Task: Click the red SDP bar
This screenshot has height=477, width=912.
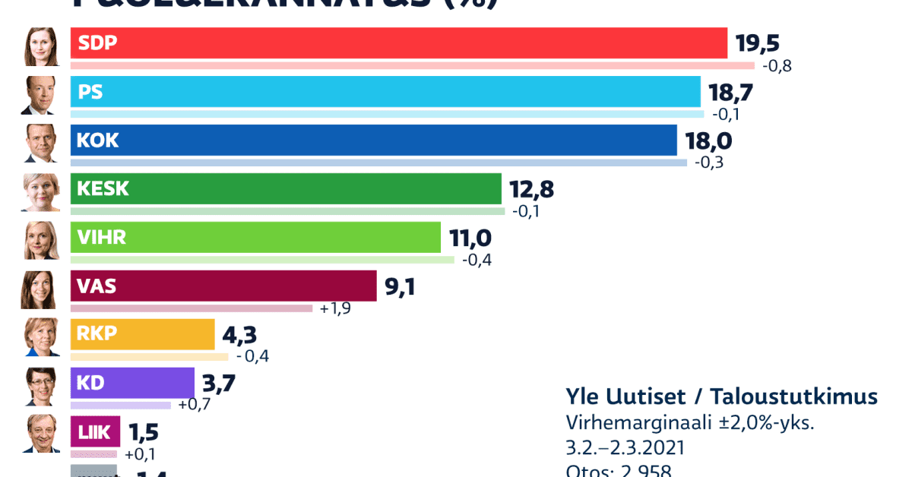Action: tap(398, 43)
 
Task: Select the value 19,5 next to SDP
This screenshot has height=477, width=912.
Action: tap(758, 43)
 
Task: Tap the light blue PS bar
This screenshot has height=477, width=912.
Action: tap(385, 92)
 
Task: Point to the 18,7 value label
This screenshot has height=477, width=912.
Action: tap(731, 93)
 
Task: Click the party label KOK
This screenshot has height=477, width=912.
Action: tap(98, 141)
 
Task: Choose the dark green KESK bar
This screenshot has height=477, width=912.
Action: tap(286, 189)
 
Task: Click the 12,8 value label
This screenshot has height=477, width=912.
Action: tap(534, 190)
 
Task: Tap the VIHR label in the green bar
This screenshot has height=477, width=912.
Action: tap(101, 238)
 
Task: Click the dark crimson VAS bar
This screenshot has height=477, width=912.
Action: tap(223, 286)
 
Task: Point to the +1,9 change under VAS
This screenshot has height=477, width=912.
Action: tap(335, 308)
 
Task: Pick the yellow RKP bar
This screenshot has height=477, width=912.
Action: tap(142, 334)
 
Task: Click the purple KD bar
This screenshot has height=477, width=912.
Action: tap(133, 383)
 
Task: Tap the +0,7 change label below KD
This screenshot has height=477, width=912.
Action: tap(194, 405)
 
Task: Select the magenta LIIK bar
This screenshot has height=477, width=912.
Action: tap(95, 431)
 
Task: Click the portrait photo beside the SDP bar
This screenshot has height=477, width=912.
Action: tap(40, 46)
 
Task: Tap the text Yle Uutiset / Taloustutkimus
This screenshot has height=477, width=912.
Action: tap(721, 396)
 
